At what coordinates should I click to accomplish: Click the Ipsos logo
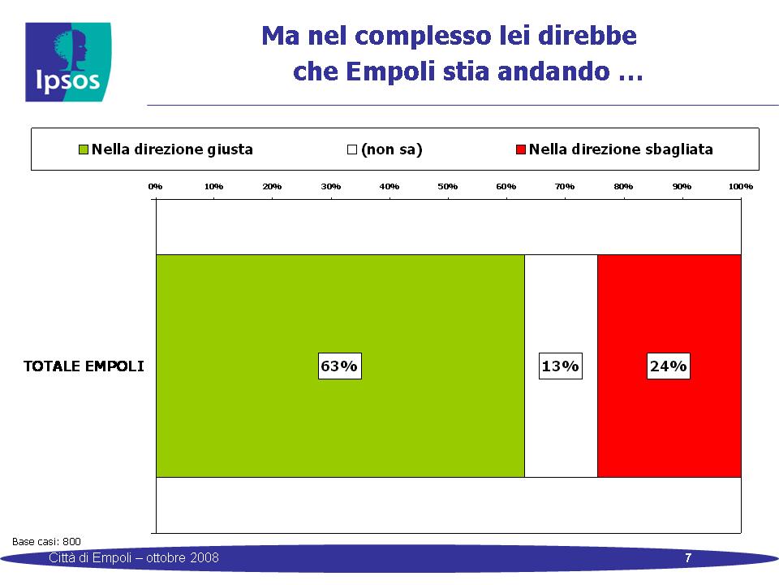pyautogui.click(x=68, y=63)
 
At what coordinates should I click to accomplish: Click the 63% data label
pyautogui.click(x=340, y=366)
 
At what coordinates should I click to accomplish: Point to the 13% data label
pyautogui.click(x=561, y=366)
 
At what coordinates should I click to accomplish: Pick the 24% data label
pyautogui.click(x=668, y=366)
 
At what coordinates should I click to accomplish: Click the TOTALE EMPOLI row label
pyautogui.click(x=84, y=366)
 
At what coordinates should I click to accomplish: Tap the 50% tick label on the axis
pyautogui.click(x=448, y=187)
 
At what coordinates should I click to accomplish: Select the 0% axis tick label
pyautogui.click(x=155, y=187)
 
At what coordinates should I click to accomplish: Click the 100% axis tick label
pyautogui.click(x=741, y=187)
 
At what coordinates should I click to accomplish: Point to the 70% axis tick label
pyautogui.click(x=565, y=187)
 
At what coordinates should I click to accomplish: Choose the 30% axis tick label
pyautogui.click(x=331, y=187)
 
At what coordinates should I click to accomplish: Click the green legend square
pyautogui.click(x=84, y=149)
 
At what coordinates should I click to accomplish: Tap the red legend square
pyautogui.click(x=521, y=149)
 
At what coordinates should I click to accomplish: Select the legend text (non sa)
pyautogui.click(x=392, y=149)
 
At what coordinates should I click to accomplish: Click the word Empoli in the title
pyautogui.click(x=390, y=71)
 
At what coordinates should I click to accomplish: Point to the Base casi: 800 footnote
pyautogui.click(x=46, y=541)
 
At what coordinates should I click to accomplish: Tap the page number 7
pyautogui.click(x=688, y=557)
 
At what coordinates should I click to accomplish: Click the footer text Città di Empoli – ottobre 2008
pyautogui.click(x=134, y=557)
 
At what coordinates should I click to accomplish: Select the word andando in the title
pyautogui.click(x=553, y=71)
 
